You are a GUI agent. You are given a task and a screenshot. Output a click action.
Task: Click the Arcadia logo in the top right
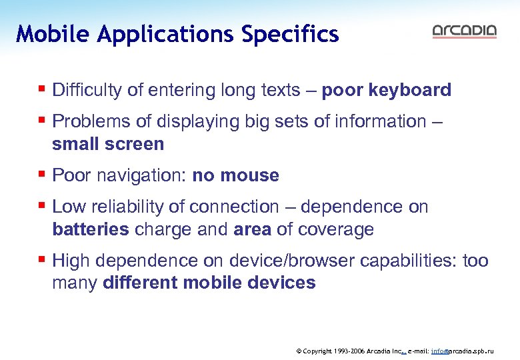click(464, 31)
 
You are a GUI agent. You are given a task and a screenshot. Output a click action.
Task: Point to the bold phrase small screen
click(108, 144)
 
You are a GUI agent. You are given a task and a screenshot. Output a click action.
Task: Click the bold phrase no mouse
click(235, 175)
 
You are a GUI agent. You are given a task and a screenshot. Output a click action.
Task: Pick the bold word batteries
click(91, 229)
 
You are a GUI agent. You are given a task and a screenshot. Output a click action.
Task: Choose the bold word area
click(252, 229)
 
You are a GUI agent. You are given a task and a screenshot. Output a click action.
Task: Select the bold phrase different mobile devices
click(209, 283)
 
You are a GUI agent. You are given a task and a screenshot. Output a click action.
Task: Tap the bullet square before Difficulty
click(42, 88)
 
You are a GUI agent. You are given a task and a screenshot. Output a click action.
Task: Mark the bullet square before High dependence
click(42, 259)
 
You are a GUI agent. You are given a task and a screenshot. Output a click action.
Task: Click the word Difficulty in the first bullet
click(85, 90)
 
